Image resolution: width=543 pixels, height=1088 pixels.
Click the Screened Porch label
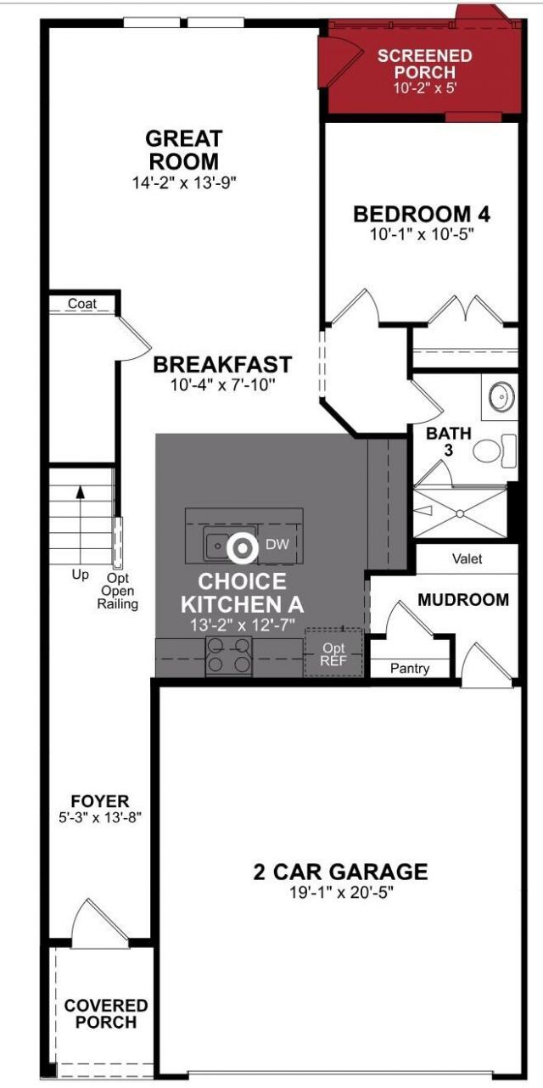(x=424, y=64)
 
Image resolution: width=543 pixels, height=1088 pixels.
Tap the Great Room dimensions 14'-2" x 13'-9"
(x=183, y=182)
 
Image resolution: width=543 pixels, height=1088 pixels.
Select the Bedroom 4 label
(x=422, y=214)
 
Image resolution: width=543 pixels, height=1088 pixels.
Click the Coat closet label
(x=81, y=304)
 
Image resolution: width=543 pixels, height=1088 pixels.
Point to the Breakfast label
(x=222, y=365)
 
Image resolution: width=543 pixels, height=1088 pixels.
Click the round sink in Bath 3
(x=501, y=395)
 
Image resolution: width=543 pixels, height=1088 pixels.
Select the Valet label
(x=467, y=559)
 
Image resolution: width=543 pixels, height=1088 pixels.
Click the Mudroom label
(x=463, y=600)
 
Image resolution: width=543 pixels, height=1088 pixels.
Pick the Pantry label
(x=410, y=669)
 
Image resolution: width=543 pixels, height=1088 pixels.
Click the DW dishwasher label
(x=277, y=544)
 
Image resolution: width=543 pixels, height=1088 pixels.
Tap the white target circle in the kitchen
(x=243, y=547)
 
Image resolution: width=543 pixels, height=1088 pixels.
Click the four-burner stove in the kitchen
(x=229, y=656)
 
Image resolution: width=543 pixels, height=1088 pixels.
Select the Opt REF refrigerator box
(x=333, y=653)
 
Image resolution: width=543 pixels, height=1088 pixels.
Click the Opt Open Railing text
(x=118, y=591)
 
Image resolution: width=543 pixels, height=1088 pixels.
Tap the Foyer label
(x=100, y=801)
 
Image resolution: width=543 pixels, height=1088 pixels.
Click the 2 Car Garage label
(x=340, y=872)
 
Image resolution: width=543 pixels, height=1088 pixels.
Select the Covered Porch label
(x=105, y=1014)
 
